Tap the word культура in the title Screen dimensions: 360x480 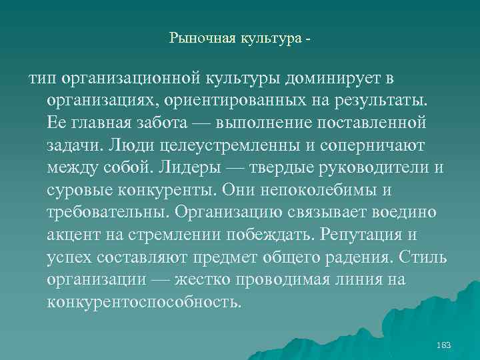coord(267,39)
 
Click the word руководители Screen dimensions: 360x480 coord(370,168)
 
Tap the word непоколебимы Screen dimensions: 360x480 coord(302,190)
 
